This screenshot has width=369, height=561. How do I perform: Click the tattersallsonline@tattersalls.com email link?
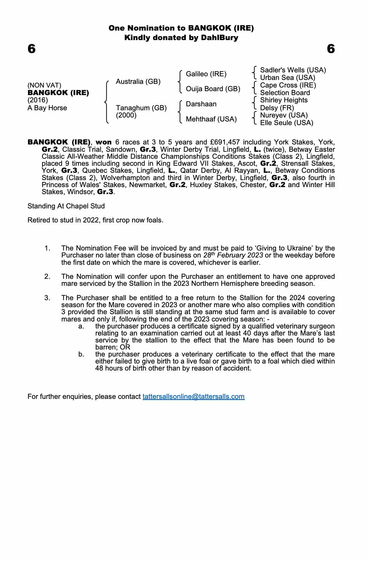193,397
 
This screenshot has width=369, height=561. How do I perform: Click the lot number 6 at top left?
32,49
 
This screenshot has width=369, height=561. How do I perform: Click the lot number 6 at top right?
331,49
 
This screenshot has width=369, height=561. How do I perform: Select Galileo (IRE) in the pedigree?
206,74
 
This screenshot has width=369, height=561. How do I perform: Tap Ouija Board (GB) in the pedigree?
213,89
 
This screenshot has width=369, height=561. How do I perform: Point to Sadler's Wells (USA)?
293,70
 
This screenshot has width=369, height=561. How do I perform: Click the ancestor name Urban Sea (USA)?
288,78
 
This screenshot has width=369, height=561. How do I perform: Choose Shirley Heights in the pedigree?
284,100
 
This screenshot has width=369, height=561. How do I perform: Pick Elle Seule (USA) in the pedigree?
286,123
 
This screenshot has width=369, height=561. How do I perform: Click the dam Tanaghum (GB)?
141,108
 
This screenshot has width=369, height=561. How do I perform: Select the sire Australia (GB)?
138,82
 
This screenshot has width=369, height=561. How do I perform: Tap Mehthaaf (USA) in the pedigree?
211,119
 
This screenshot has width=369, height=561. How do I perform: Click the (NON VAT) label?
44,85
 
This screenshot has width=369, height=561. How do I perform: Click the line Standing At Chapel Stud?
66,206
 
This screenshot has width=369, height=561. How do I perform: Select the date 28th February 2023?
233,255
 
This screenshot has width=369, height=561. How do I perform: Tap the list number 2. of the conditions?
47,277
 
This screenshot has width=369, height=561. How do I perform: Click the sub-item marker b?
81,354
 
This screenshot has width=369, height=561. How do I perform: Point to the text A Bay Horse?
47,108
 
